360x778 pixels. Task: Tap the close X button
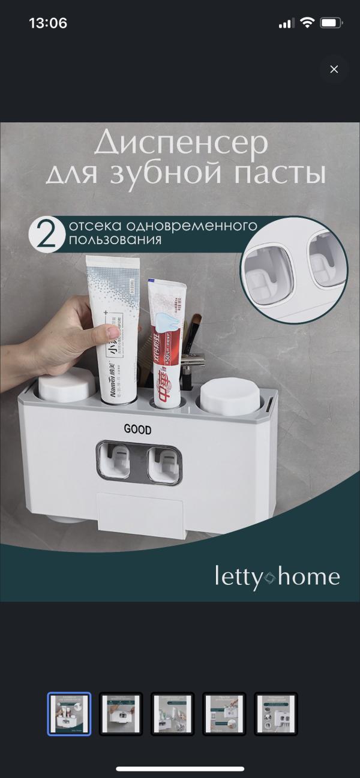(334, 69)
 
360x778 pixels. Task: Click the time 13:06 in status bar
(48, 23)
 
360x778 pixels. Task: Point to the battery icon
(331, 23)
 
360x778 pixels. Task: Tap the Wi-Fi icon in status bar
(307, 23)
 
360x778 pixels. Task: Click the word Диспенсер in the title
(181, 144)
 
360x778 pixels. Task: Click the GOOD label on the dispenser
(137, 429)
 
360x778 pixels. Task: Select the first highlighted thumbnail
(69, 714)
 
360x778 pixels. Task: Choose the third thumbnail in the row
(172, 714)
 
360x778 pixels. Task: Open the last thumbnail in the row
(275, 714)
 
